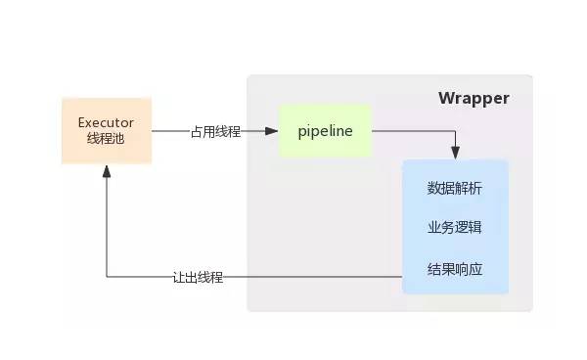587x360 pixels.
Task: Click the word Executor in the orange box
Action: pos(106,122)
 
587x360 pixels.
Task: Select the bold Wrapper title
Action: pos(474,98)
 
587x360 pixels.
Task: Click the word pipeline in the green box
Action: pos(325,130)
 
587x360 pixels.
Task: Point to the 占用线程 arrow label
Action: pos(216,131)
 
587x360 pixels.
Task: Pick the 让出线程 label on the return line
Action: pos(198,277)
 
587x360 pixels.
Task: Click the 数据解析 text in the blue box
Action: pos(455,188)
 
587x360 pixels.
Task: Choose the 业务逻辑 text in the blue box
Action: pos(455,227)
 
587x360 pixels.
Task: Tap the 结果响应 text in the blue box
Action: pos(455,267)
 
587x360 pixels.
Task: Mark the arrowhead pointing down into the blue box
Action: pos(455,154)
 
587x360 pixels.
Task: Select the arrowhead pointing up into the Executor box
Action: pos(106,170)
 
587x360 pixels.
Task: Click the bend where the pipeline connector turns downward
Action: pos(455,130)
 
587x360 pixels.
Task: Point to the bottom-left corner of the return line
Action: pos(106,277)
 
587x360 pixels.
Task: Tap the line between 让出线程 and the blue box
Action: pos(313,277)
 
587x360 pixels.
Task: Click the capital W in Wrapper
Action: pos(445,98)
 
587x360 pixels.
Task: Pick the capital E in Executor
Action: pos(81,122)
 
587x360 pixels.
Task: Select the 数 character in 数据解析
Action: pos(434,188)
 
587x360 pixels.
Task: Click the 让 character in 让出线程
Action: pos(178,277)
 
